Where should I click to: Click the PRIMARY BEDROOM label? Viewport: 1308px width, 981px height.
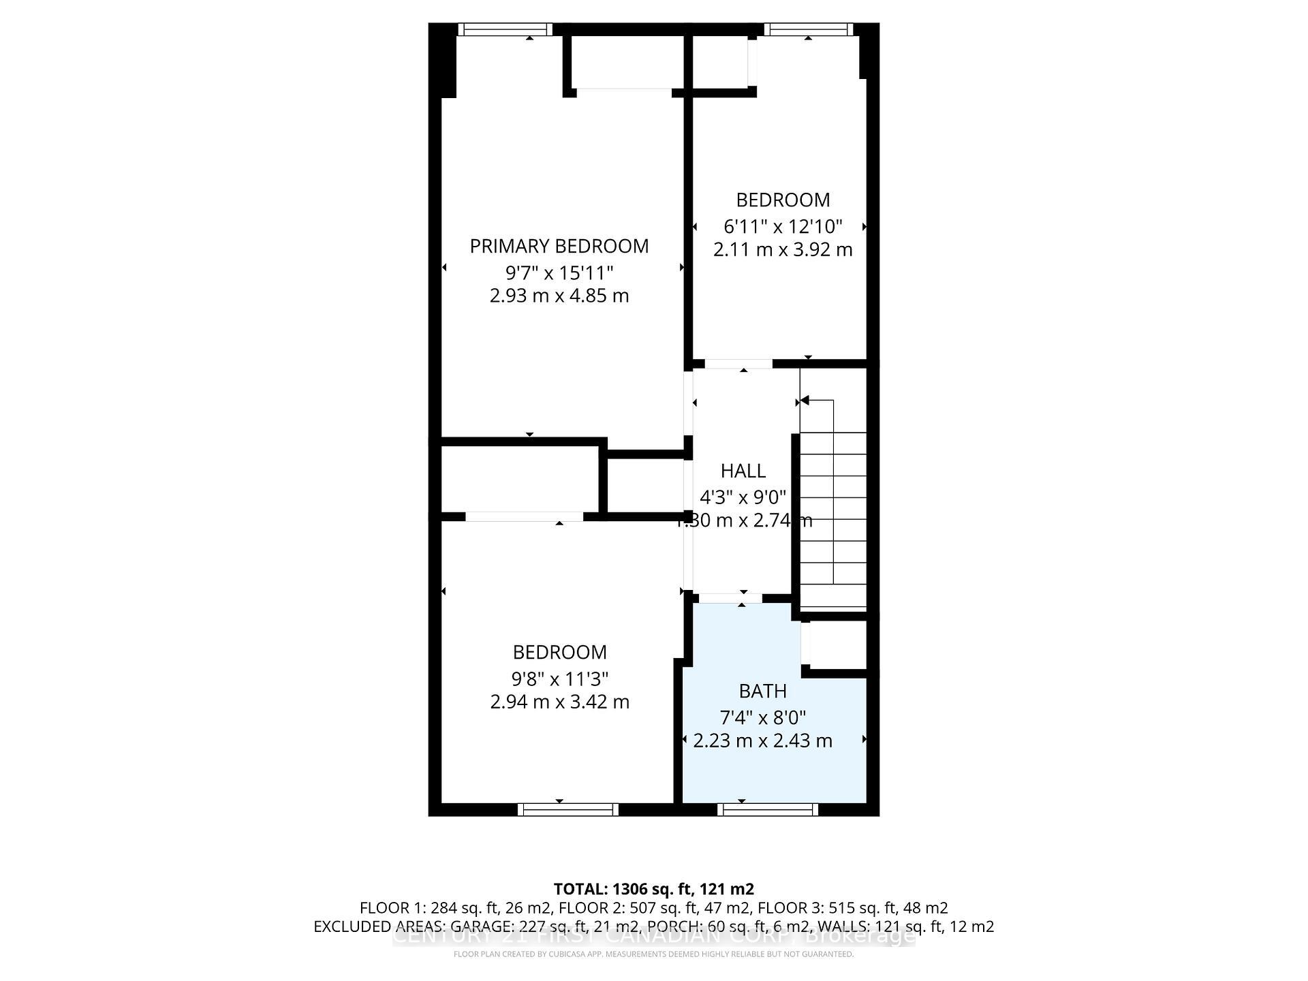559,246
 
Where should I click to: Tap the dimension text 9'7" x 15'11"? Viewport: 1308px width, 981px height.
559,273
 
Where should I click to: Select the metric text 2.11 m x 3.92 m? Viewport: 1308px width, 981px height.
782,249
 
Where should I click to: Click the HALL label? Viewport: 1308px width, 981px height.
743,471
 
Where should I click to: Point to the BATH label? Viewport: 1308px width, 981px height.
762,691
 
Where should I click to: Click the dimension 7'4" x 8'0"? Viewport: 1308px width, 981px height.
762,717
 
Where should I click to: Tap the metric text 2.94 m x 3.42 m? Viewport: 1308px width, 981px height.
559,702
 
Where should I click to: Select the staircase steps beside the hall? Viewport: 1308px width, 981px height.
832,518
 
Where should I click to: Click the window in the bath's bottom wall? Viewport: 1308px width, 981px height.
768,809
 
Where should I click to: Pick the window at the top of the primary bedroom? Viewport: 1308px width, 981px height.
504,29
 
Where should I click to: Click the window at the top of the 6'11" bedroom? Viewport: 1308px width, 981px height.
808,29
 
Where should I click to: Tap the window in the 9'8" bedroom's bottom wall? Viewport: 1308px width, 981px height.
567,809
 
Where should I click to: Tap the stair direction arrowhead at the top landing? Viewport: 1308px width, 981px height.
805,401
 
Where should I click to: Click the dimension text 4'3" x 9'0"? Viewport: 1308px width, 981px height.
743,497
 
